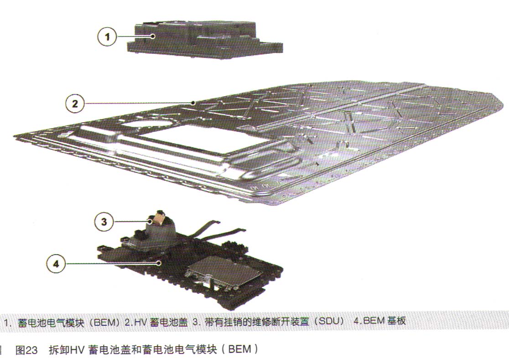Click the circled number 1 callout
[x=108, y=37]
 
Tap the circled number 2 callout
[x=75, y=104]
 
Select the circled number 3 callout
[x=104, y=222]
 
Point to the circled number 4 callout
[x=56, y=263]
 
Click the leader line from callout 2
[x=139, y=103]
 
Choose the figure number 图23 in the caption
[x=26, y=350]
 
